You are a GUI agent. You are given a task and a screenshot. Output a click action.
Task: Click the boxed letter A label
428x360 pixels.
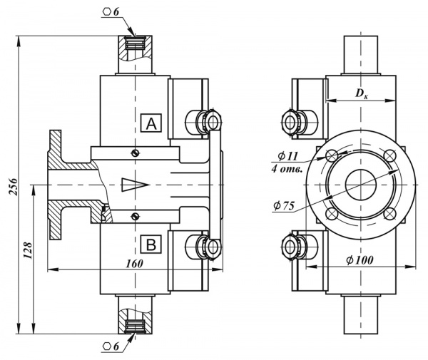point(151,123)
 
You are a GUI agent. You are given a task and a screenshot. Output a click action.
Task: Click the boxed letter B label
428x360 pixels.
point(151,245)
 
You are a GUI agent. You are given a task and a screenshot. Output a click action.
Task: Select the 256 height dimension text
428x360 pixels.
point(13,187)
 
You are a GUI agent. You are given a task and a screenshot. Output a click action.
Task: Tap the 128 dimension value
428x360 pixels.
point(28,250)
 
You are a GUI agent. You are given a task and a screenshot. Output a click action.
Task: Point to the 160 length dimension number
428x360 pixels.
point(134,264)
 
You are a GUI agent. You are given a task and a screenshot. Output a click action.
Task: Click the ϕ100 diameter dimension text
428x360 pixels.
point(360,260)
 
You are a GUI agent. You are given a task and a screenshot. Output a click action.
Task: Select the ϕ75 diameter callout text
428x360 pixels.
point(284,205)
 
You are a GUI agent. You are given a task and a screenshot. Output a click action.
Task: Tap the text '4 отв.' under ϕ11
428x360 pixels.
point(287,169)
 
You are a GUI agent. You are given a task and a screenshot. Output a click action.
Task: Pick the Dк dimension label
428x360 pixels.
point(362,93)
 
